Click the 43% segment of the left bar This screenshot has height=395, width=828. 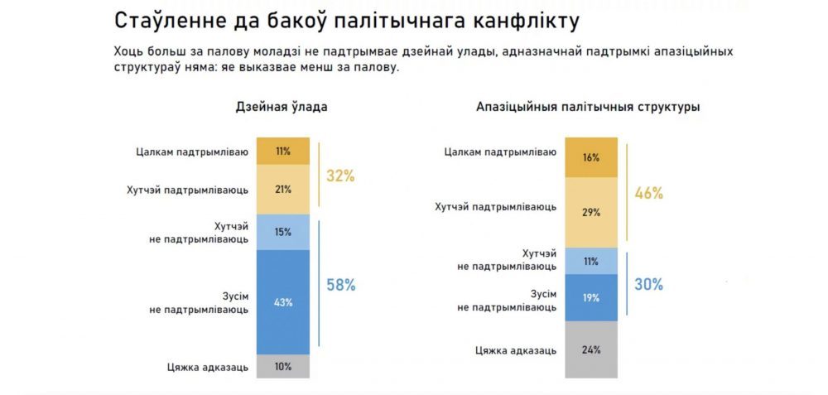tap(283, 301)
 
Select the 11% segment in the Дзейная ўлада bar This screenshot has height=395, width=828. tap(283, 152)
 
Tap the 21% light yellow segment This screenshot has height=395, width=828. tap(283, 190)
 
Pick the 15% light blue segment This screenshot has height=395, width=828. tap(283, 232)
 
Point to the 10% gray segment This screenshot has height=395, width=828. tap(283, 366)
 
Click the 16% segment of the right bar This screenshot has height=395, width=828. tap(591, 157)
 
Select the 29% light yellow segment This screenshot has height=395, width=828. tap(591, 213)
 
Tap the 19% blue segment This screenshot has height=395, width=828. tap(591, 298)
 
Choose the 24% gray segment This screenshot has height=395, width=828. tap(591, 349)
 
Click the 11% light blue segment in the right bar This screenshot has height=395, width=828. tap(591, 261)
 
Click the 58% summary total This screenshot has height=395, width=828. tap(340, 285)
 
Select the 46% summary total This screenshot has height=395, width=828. tap(648, 194)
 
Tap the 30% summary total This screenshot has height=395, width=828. tap(648, 284)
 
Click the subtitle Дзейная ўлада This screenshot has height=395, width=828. tap(282, 107)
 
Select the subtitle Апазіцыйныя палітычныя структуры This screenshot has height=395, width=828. tap(588, 107)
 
